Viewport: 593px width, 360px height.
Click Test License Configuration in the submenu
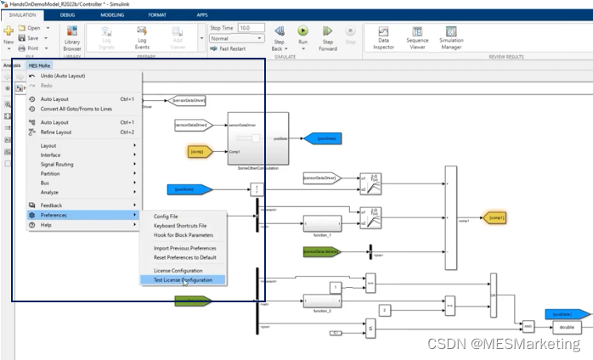tap(184, 280)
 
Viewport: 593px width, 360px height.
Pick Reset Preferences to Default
tap(184, 257)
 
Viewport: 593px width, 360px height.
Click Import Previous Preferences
tap(184, 248)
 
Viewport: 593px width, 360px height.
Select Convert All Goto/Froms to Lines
tap(76, 109)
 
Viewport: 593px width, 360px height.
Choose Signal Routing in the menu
tap(57, 164)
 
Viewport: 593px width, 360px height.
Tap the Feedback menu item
tap(51, 205)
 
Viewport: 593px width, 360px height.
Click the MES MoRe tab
tap(39, 65)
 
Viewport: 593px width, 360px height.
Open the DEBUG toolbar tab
tap(67, 15)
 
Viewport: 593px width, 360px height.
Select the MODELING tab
tap(112, 15)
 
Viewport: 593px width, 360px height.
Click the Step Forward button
tap(328, 38)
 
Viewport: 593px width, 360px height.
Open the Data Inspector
tap(384, 38)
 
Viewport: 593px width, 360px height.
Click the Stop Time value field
tap(251, 28)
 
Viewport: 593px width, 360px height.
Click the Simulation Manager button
tap(451, 38)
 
